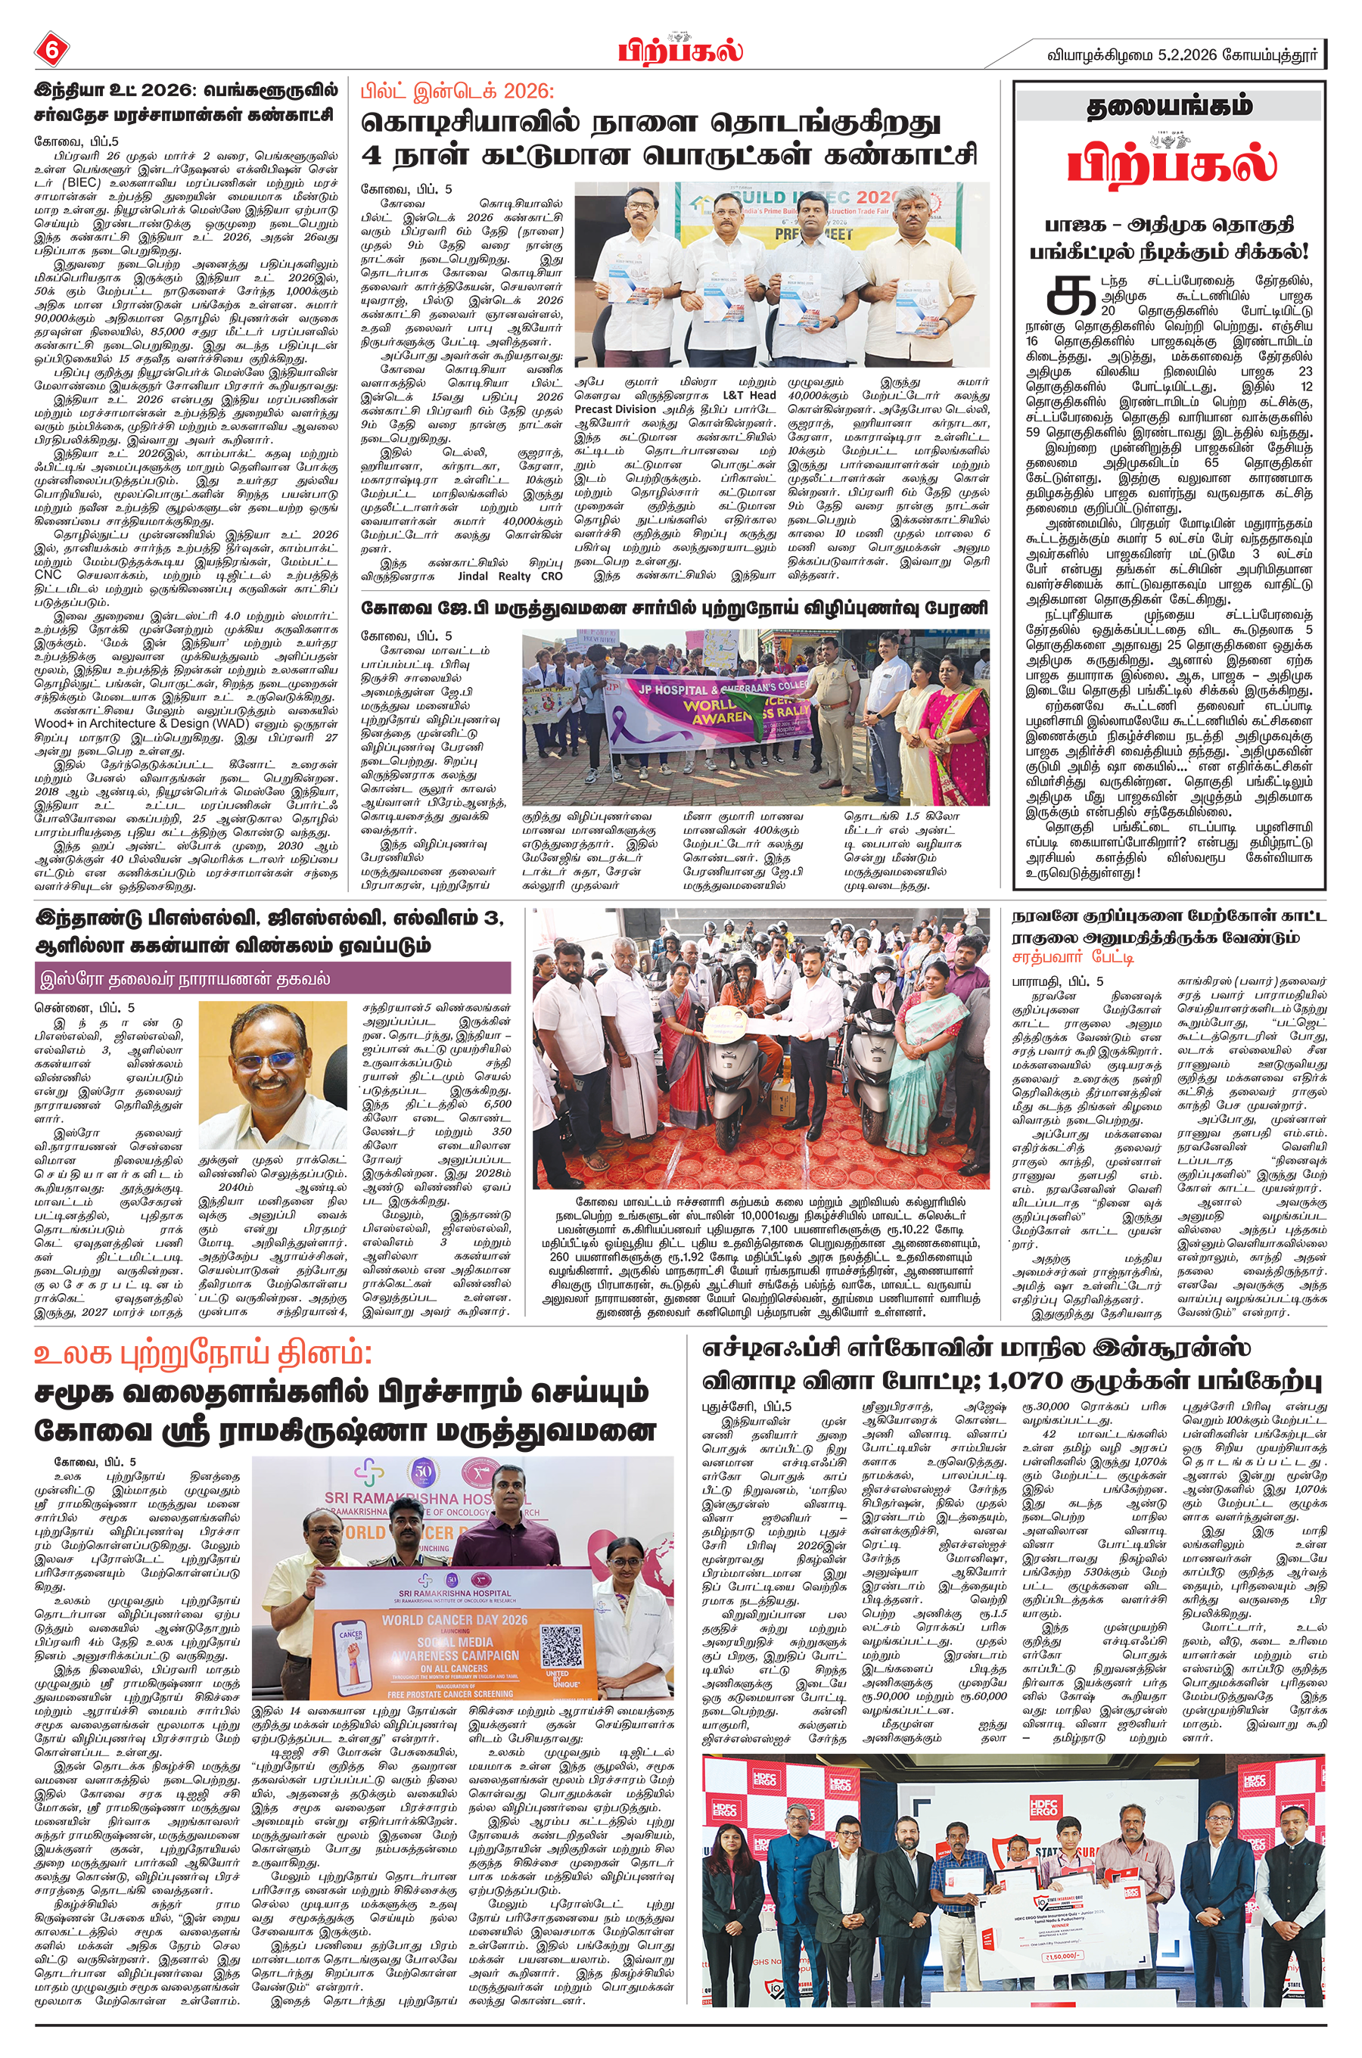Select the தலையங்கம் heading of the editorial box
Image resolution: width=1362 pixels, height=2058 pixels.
[1169, 107]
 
